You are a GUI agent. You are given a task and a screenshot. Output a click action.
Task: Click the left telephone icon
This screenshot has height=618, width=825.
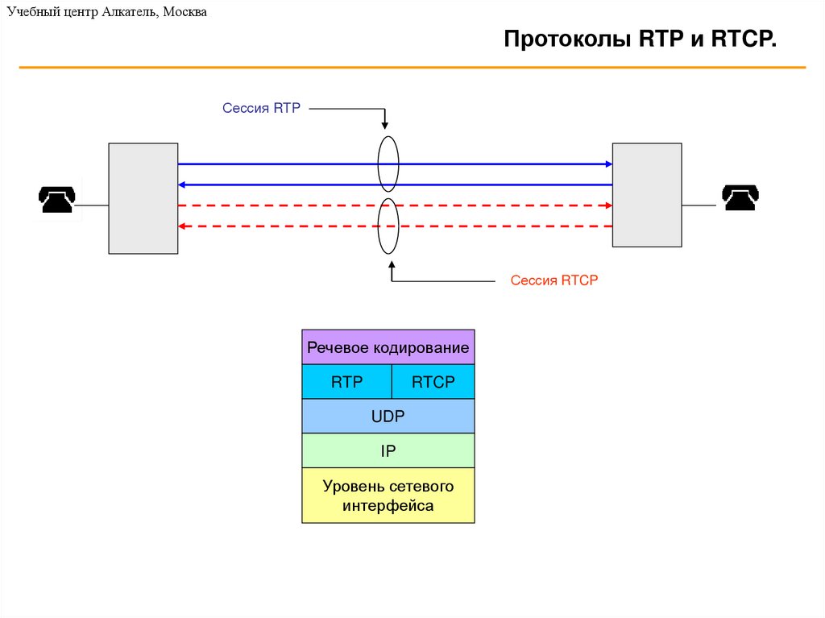(x=57, y=200)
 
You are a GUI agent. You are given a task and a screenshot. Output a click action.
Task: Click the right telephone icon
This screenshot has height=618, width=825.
(x=740, y=197)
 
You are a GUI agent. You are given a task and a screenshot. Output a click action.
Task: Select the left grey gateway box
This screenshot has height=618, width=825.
(x=143, y=198)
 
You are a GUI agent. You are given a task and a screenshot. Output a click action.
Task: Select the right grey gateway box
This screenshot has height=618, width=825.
(x=647, y=195)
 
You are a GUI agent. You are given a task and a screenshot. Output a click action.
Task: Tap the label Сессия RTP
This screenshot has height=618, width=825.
(x=261, y=108)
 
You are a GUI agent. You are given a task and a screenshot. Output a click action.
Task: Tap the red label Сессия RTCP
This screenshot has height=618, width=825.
(x=554, y=280)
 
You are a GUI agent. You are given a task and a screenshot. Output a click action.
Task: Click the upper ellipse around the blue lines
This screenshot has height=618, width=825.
(x=388, y=164)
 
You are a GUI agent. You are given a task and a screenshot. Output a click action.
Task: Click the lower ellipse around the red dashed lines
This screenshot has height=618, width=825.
(x=388, y=226)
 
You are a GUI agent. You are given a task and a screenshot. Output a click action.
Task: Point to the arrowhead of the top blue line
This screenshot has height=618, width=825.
(x=609, y=164)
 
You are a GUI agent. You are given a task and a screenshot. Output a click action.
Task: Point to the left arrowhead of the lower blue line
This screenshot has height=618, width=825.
(x=181, y=185)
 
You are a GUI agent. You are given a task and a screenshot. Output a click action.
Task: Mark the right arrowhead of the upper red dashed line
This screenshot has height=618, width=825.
(x=609, y=205)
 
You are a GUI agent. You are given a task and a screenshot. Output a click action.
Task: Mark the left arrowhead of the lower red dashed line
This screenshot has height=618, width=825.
(x=181, y=226)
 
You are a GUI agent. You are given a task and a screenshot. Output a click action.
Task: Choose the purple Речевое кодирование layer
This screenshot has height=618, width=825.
(x=388, y=347)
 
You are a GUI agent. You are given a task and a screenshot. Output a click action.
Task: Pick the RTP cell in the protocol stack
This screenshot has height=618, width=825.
(x=346, y=382)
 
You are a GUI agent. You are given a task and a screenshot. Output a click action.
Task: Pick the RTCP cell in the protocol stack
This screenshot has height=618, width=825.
(x=433, y=382)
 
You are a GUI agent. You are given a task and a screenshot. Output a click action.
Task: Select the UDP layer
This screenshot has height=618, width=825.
(x=388, y=416)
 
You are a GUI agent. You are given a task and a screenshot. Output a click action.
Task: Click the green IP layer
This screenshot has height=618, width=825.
(x=388, y=450)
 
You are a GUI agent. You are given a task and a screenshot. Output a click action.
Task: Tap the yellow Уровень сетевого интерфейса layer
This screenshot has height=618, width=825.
(x=388, y=496)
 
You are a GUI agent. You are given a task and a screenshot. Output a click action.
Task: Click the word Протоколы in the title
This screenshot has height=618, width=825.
(x=567, y=39)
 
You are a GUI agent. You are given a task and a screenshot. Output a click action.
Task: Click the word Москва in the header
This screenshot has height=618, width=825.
(x=184, y=11)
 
